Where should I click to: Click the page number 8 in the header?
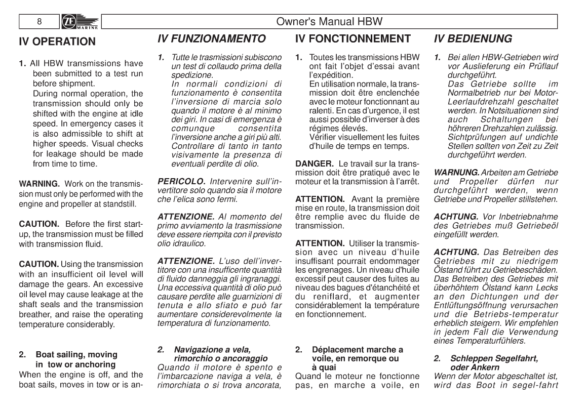point(39,22)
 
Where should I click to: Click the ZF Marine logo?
point(79,22)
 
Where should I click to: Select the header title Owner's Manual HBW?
point(329,22)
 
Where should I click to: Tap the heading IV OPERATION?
point(57,42)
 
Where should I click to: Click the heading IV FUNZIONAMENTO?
point(212,39)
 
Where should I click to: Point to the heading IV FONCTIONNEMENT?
point(353,39)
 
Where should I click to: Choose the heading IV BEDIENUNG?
point(473,39)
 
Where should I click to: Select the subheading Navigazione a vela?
point(213,349)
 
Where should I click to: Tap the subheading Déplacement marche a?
point(358,349)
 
